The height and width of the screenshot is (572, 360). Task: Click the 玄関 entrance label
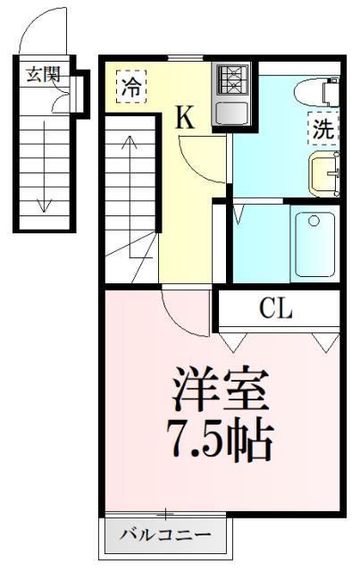click(x=41, y=75)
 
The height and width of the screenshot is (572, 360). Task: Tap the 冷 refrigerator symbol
click(x=131, y=88)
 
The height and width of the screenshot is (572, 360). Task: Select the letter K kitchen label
click(x=184, y=118)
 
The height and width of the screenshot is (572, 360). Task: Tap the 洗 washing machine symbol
click(x=322, y=128)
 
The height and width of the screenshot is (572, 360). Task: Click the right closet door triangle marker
click(x=325, y=341)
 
